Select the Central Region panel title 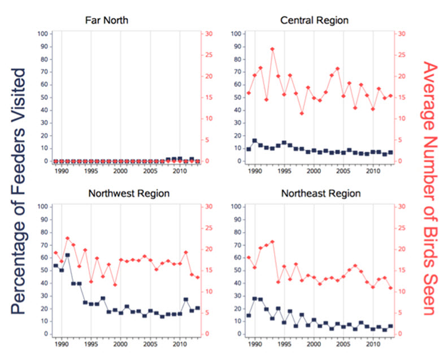314,21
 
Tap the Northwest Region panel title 129,193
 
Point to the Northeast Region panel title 320,193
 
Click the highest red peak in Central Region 272,49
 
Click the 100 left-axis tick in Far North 42,34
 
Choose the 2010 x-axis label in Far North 179,171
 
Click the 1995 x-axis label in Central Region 284,171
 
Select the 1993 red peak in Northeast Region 272,242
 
